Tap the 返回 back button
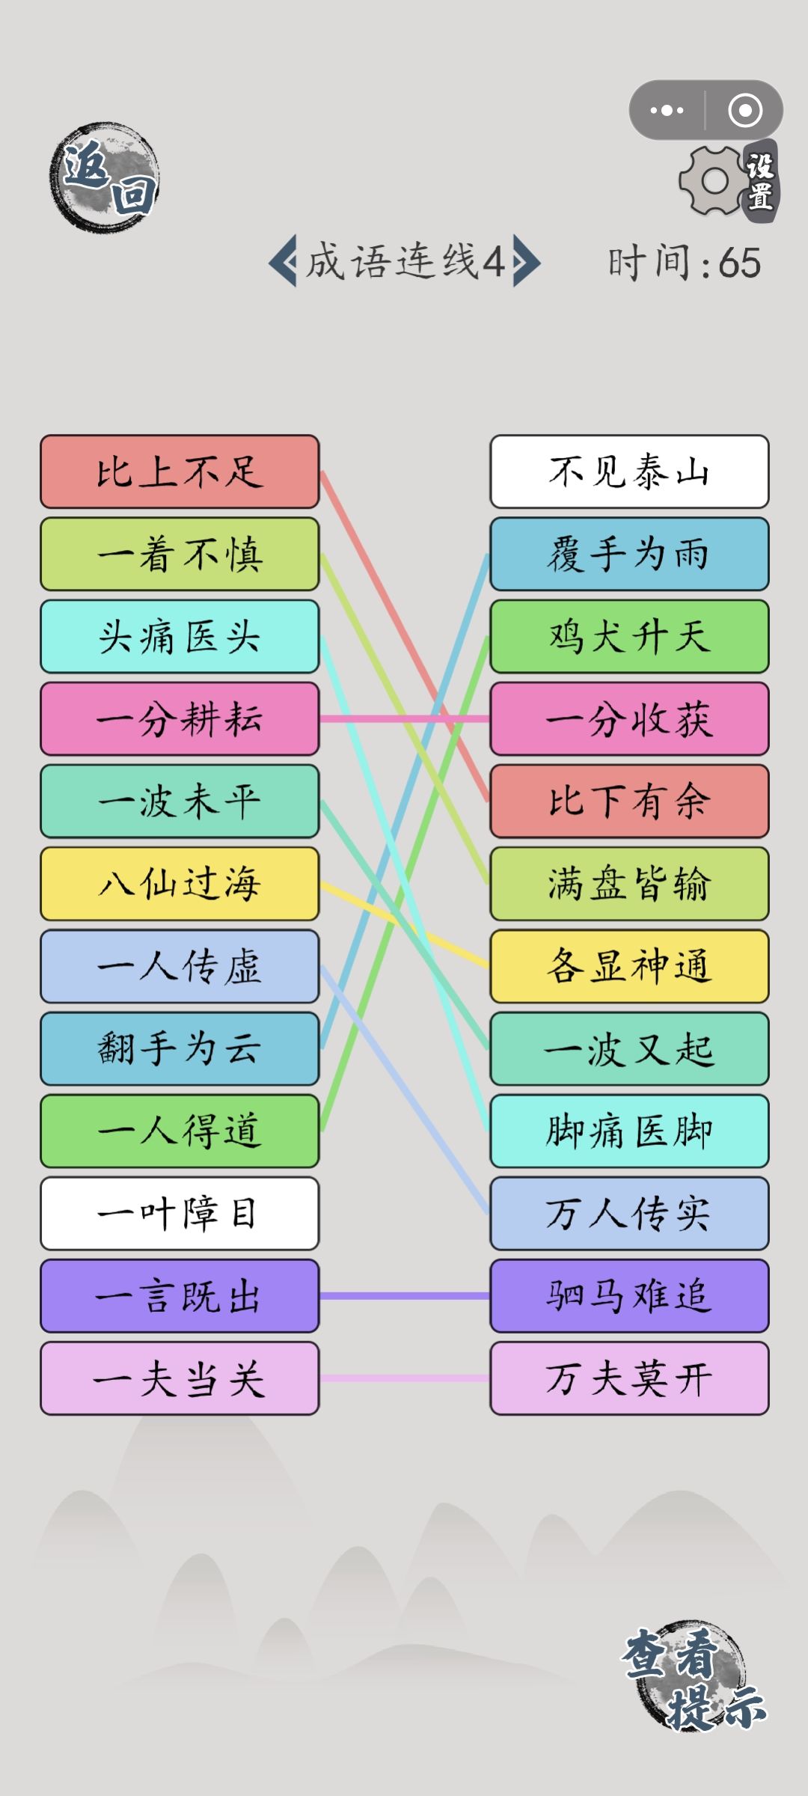(x=105, y=177)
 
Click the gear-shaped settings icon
(x=714, y=180)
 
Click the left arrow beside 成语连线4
(x=282, y=261)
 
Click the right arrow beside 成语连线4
(x=526, y=261)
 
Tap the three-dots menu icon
(x=667, y=111)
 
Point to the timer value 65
(x=739, y=263)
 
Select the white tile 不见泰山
(x=629, y=471)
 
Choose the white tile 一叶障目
(x=180, y=1213)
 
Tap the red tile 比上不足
(x=180, y=471)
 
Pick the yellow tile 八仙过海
(x=180, y=884)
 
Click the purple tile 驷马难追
(x=629, y=1295)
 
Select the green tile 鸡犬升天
(x=629, y=636)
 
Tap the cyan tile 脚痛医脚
(x=629, y=1131)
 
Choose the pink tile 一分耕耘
(x=180, y=718)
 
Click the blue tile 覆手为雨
(x=629, y=554)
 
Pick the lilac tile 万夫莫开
(x=629, y=1378)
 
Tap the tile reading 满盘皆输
(x=629, y=884)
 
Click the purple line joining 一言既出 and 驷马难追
(x=405, y=1295)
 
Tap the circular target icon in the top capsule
(x=745, y=111)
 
